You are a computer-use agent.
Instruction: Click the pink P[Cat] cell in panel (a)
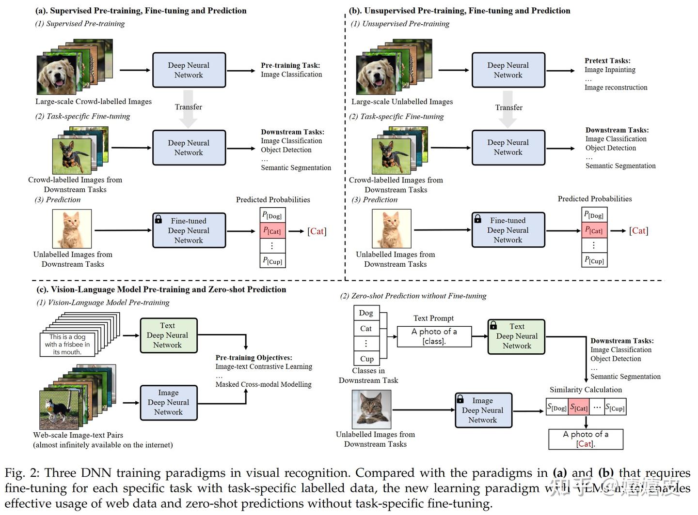pos(272,231)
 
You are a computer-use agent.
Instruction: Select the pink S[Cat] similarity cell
pos(579,408)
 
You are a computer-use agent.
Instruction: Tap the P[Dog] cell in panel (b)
pos(594,215)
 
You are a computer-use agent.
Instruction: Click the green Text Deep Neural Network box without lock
pos(168,335)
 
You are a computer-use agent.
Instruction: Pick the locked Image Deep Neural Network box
pos(483,410)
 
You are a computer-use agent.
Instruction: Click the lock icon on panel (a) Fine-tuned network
pos(159,219)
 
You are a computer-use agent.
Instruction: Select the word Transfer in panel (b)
pos(508,107)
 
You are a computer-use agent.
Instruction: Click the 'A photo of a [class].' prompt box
pos(434,336)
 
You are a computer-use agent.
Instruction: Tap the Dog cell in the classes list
pos(366,313)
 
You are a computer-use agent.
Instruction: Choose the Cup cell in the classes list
pos(366,359)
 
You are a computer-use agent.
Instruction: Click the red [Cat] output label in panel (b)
pos(638,231)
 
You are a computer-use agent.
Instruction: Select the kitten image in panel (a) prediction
pos(72,229)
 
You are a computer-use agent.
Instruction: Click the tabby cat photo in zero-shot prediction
pos(371,409)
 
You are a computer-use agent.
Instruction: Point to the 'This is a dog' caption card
pos(67,345)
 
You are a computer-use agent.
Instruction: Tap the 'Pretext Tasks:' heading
pos(607,61)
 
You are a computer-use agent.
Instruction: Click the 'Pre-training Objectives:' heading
pos(254,358)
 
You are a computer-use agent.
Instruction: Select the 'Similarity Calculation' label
pos(586,390)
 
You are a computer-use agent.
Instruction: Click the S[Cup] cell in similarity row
pos(615,408)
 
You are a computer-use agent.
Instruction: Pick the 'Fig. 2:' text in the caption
pos(21,473)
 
